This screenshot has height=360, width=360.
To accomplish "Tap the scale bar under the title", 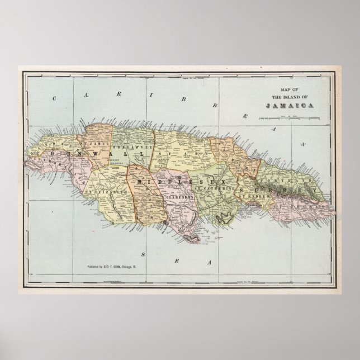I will click(288, 118).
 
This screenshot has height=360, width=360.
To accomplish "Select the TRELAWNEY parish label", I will click(127, 147).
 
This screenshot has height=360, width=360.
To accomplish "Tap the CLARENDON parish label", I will click(179, 197).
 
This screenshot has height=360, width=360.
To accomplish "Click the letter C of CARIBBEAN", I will click(54, 98).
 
